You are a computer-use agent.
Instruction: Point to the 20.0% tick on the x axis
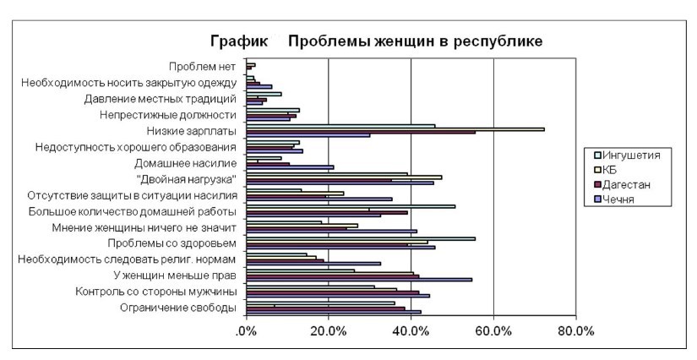coord(328,330)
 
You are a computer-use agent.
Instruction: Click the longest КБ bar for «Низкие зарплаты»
coord(395,129)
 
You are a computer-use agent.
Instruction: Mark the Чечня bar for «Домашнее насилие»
coord(290,167)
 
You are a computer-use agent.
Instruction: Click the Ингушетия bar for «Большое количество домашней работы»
coord(351,205)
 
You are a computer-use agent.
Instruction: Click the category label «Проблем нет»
coord(201,67)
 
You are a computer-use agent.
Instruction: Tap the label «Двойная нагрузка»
coord(185,179)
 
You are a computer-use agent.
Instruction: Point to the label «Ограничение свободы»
coord(178,308)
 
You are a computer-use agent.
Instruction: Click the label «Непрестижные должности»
coord(167,115)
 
